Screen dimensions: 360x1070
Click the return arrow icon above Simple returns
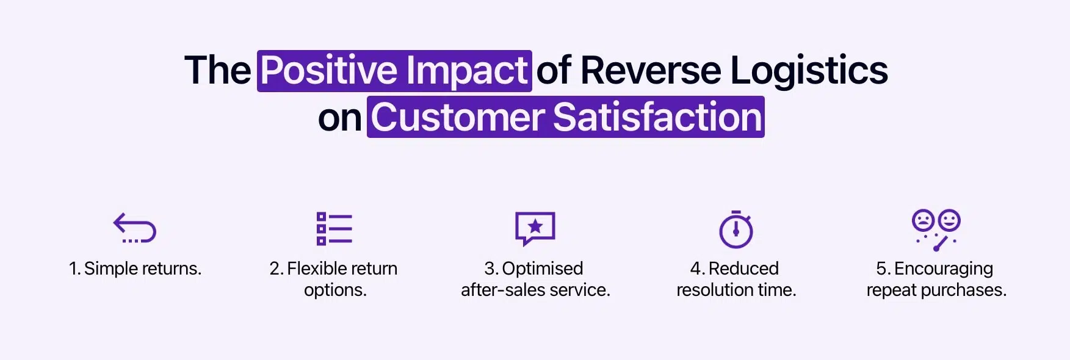(x=135, y=228)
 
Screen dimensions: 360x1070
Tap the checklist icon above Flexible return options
(x=334, y=228)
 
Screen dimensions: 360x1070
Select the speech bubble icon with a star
(x=535, y=228)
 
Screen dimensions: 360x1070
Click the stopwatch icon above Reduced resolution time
(x=736, y=229)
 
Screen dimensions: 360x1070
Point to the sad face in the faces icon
(x=923, y=220)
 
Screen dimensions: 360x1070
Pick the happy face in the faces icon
(x=949, y=220)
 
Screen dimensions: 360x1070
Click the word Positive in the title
(x=330, y=70)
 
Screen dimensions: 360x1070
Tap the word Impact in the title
(x=467, y=70)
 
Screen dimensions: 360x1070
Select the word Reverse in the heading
(x=651, y=70)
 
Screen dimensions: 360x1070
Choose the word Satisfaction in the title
(x=657, y=117)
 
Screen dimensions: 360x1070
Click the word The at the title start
(x=218, y=70)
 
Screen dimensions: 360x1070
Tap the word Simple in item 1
(x=109, y=268)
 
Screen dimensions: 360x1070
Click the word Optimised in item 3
(x=542, y=268)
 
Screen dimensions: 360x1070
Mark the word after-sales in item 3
(x=497, y=290)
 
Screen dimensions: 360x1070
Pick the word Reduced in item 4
(x=743, y=268)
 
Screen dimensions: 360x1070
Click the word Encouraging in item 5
(x=943, y=268)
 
